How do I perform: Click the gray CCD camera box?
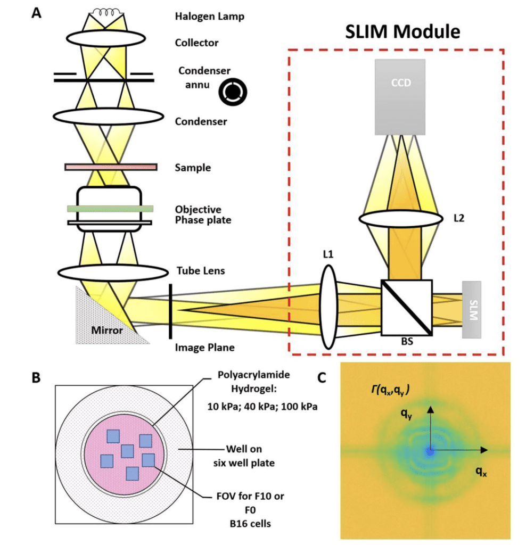(x=400, y=96)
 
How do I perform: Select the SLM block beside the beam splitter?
(x=472, y=309)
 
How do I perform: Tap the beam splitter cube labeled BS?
(x=406, y=308)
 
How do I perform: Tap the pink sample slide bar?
(x=111, y=167)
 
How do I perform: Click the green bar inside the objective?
(x=110, y=209)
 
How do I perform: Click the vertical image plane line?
(x=170, y=311)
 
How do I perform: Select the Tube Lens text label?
(x=200, y=271)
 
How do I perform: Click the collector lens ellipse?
(x=106, y=38)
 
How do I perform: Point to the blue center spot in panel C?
(x=430, y=451)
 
